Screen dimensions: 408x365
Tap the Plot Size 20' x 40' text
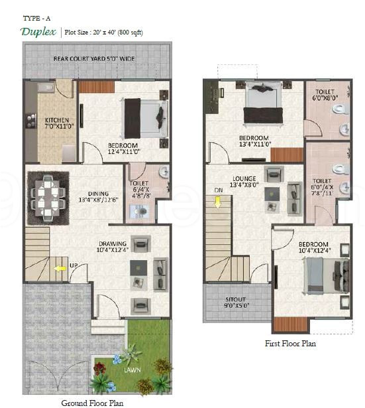click(103, 32)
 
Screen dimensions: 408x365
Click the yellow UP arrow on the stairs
click(60, 269)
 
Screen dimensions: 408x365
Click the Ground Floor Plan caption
click(92, 402)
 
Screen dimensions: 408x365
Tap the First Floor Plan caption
click(290, 344)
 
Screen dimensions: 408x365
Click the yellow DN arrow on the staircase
click(218, 200)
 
